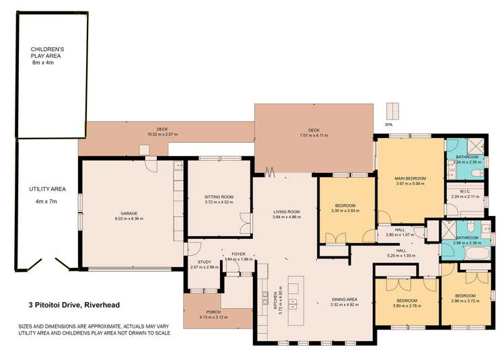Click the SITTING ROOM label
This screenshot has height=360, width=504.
coord(218,196)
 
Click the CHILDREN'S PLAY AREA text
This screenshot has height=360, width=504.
coord(47,53)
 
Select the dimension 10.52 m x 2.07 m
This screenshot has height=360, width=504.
coord(161,134)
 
